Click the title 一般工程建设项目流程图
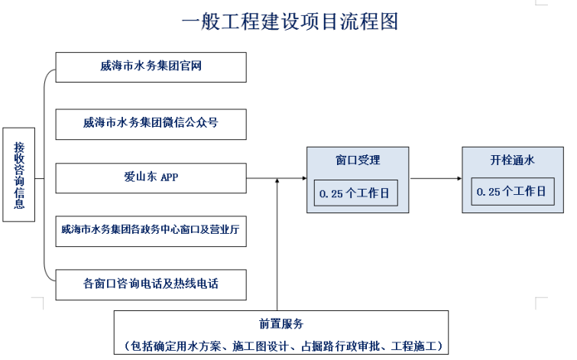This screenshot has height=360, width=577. pyautogui.click(x=290, y=21)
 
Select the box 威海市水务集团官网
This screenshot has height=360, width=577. pyautogui.click(x=151, y=67)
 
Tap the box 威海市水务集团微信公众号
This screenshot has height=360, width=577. pyautogui.click(x=151, y=123)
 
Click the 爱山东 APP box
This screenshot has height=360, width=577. pyautogui.click(x=151, y=177)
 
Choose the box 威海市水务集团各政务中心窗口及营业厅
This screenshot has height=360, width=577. pyautogui.click(x=151, y=231)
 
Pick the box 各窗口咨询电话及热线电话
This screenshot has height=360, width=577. pyautogui.click(x=151, y=284)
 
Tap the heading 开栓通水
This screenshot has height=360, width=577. pyautogui.click(x=512, y=161)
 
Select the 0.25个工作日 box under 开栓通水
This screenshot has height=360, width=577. pyautogui.click(x=512, y=192)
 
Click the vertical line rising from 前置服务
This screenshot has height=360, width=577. pyautogui.click(x=277, y=245)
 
